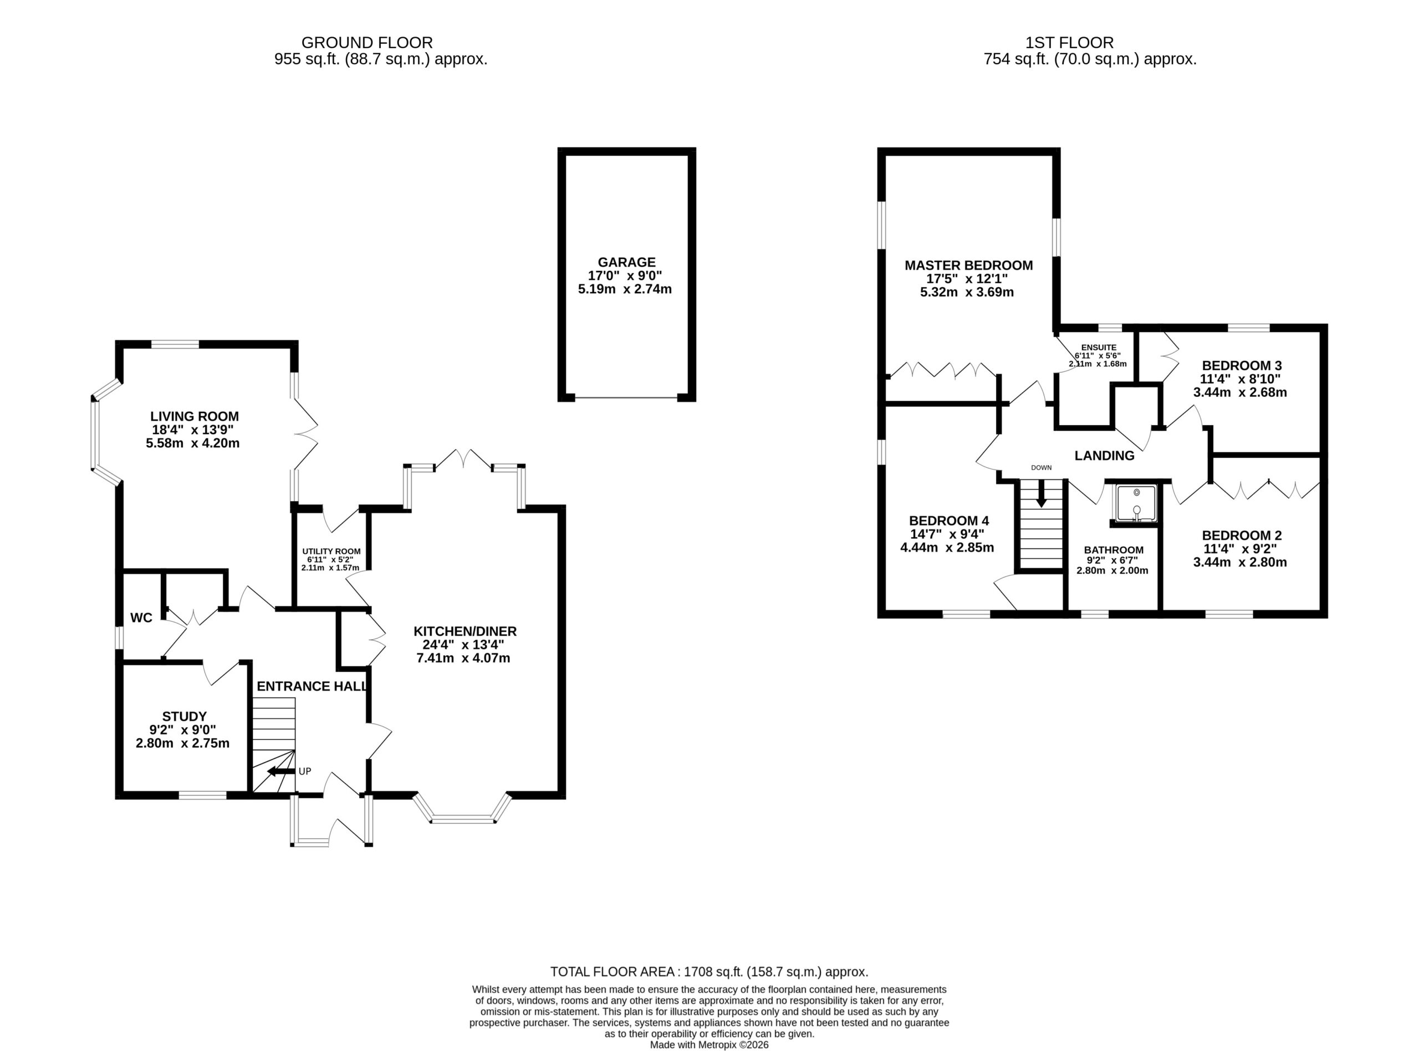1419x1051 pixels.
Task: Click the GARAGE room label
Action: pyautogui.click(x=626, y=262)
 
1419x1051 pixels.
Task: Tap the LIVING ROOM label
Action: pyautogui.click(x=195, y=416)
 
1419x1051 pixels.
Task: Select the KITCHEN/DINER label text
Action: pyautogui.click(x=465, y=631)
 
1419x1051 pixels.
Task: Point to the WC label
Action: pyautogui.click(x=141, y=618)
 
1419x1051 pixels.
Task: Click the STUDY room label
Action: pyautogui.click(x=185, y=716)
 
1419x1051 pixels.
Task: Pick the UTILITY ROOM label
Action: pyautogui.click(x=331, y=552)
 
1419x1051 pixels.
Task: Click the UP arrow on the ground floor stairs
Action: pyautogui.click(x=282, y=771)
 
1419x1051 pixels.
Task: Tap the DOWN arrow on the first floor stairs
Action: pyautogui.click(x=1041, y=493)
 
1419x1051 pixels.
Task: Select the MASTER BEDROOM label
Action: pyautogui.click(x=969, y=266)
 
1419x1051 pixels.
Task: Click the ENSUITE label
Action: pyautogui.click(x=1099, y=348)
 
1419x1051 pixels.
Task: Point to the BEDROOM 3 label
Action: pyautogui.click(x=1242, y=366)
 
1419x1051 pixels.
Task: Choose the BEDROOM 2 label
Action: pyautogui.click(x=1242, y=535)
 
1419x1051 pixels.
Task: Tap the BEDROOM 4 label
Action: pyautogui.click(x=949, y=521)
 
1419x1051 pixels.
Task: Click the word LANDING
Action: pyautogui.click(x=1104, y=456)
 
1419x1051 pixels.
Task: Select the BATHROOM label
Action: pyautogui.click(x=1114, y=550)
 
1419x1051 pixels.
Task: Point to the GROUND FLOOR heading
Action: pyautogui.click(x=367, y=43)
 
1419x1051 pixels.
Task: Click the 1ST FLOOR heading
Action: pyautogui.click(x=1069, y=43)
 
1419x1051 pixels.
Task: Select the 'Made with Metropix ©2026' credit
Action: pyautogui.click(x=709, y=1045)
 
